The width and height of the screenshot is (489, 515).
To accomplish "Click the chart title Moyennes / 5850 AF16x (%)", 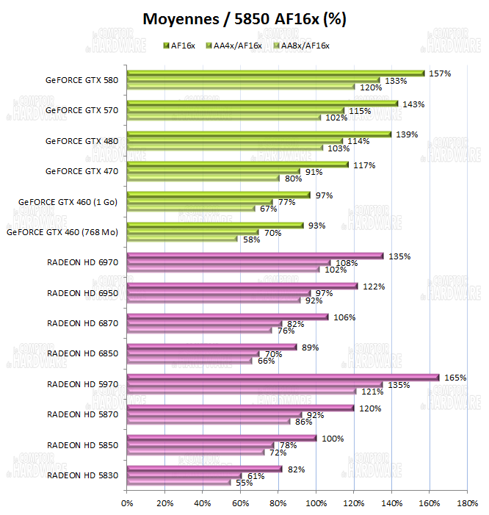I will [244, 18].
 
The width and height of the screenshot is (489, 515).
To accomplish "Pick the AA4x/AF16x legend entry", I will [236, 46].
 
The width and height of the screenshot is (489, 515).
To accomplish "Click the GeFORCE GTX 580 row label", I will [81, 79].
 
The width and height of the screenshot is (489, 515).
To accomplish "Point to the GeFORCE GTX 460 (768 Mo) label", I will [62, 231].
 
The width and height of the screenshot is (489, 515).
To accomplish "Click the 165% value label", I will [456, 378].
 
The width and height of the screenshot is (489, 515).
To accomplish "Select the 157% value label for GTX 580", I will [440, 73].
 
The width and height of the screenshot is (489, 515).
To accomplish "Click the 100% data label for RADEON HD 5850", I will [333, 439].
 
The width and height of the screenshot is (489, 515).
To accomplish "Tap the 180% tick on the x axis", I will [467, 503].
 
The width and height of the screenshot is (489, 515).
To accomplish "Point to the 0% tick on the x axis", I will [127, 503].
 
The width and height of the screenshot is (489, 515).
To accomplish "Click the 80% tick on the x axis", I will [278, 503].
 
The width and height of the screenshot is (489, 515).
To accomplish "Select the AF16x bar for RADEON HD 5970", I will [283, 378].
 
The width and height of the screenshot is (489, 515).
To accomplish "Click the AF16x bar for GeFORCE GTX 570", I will [262, 104].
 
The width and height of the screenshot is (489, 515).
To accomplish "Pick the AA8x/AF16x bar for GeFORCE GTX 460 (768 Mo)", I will [182, 239].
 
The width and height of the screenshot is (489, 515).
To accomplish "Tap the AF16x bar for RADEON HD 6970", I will [255, 256].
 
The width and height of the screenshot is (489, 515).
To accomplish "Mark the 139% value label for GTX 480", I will [406, 134].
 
